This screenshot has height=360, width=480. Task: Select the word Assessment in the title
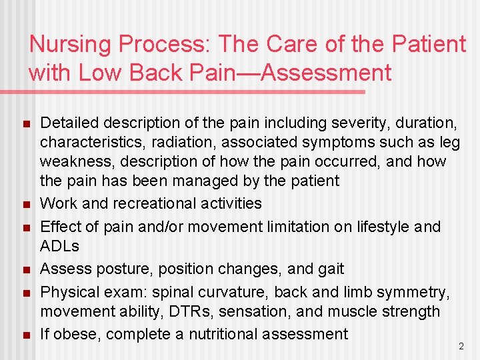pyautogui.click(x=327, y=73)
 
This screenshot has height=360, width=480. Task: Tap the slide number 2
pyautogui.click(x=461, y=346)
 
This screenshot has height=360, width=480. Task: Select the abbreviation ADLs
pyautogui.click(x=60, y=246)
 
